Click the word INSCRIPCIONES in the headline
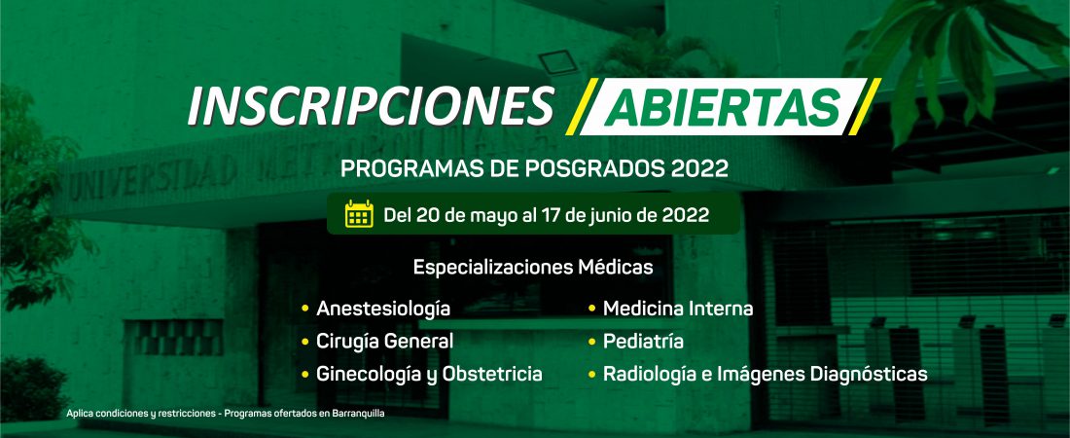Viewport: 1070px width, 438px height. coord(371,107)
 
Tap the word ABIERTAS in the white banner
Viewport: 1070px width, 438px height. coord(723,107)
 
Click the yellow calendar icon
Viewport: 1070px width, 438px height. coord(359,214)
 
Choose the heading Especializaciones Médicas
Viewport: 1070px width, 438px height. coord(533,267)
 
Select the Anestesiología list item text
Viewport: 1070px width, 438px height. coord(383,310)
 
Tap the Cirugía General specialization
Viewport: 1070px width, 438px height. coord(384,342)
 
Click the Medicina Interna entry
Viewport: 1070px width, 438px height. coord(678,309)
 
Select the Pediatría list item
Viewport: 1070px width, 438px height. coord(643,342)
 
